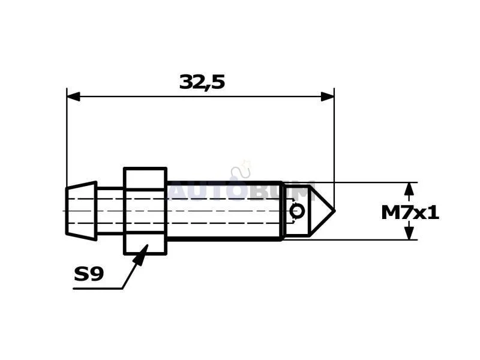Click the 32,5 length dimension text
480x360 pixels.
[202, 82]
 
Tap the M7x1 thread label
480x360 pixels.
[410, 212]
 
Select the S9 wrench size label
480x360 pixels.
[89, 274]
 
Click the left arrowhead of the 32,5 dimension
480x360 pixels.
[73, 97]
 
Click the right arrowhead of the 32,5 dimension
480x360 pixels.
[328, 97]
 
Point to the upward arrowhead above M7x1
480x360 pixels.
[409, 189]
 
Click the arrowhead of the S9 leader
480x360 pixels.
[142, 254]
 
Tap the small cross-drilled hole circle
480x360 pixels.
[297, 211]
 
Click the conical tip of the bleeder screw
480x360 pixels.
[322, 211]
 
